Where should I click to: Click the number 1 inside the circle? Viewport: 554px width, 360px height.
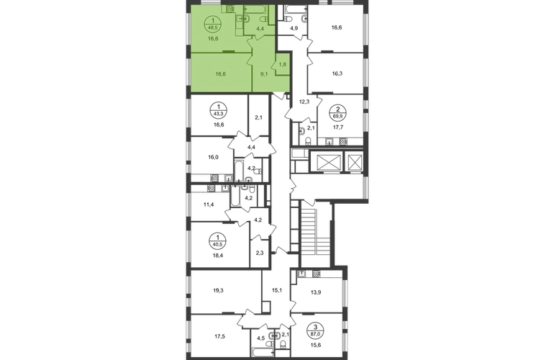point(214,22)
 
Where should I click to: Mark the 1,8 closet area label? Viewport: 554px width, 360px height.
point(282,64)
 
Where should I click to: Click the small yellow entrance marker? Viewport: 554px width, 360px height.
point(279,93)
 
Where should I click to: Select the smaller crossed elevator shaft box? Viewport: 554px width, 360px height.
point(354,163)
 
